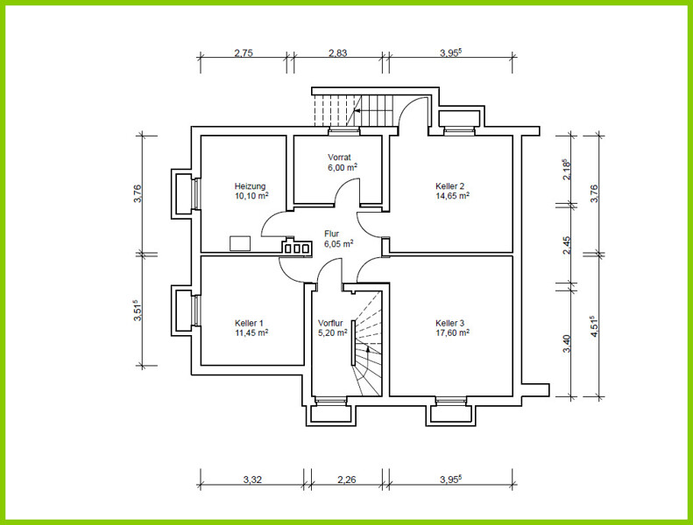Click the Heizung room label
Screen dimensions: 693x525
click(x=251, y=186)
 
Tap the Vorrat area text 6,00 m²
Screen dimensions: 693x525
click(x=343, y=167)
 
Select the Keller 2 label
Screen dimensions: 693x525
click(x=450, y=186)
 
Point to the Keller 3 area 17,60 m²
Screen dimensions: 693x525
click(x=453, y=332)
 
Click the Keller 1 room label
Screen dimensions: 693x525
click(x=250, y=323)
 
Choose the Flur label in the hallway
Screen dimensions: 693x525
click(x=331, y=234)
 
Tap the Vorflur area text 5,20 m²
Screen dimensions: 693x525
click(x=333, y=332)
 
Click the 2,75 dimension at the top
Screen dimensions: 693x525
click(x=244, y=53)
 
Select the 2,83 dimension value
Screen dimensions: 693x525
click(x=337, y=53)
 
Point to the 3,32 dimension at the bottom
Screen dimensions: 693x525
click(x=252, y=479)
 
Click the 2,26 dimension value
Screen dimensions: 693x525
click(x=347, y=479)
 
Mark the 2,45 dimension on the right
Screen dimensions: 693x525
click(x=567, y=246)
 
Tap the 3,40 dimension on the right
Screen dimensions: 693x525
click(x=567, y=344)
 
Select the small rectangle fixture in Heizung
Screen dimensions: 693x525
click(x=240, y=243)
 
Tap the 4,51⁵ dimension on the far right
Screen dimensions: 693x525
click(x=594, y=326)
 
